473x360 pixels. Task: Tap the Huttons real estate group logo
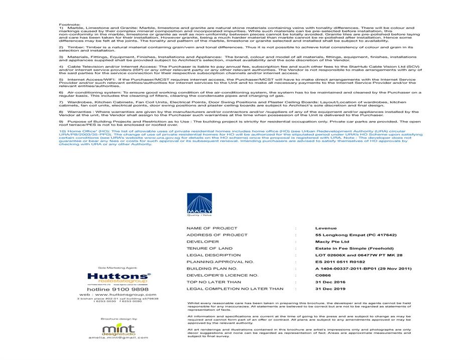point(118,278)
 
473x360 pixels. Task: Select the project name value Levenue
point(326,228)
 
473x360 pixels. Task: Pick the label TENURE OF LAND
point(209,249)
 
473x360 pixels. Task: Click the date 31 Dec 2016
point(331,282)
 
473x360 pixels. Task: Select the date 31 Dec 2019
point(331,289)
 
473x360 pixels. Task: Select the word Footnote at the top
point(69,24)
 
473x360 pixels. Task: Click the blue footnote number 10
point(62,132)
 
